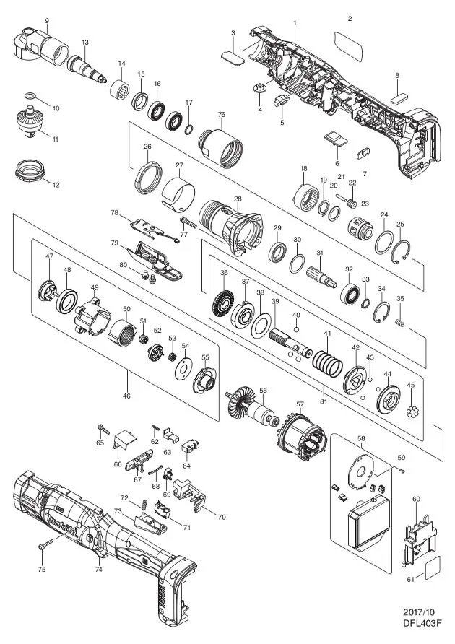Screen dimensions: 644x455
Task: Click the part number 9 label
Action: coord(48,22)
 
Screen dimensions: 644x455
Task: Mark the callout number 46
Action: coord(127,396)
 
